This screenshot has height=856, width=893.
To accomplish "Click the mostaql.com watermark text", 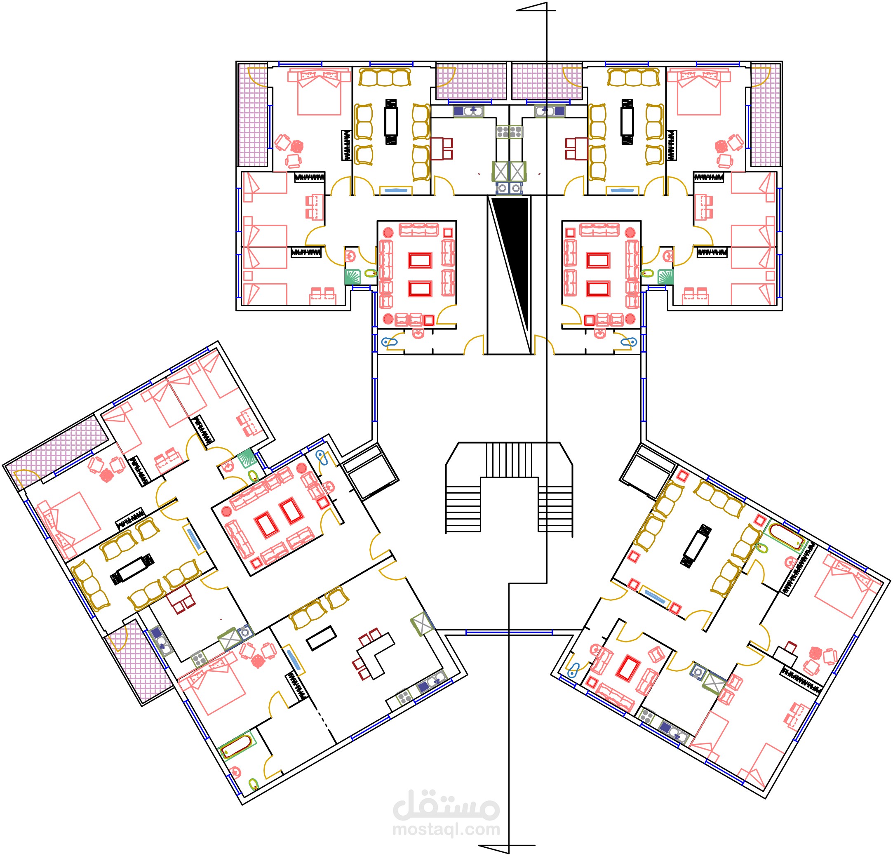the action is click(x=446, y=829).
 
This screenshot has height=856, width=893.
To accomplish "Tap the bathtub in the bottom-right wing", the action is click(x=786, y=537).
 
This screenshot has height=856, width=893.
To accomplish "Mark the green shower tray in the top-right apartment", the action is click(x=665, y=277).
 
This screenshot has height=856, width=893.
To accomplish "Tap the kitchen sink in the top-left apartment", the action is click(x=468, y=110).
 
